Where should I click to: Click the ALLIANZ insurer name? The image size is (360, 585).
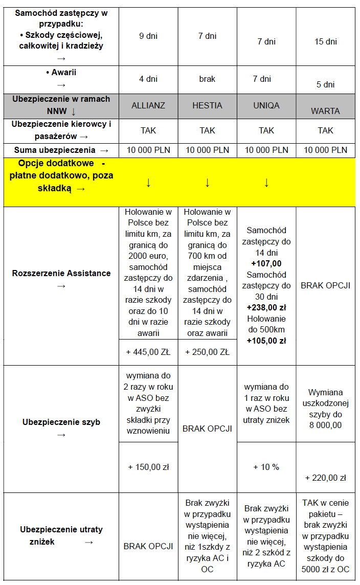tap(148, 105)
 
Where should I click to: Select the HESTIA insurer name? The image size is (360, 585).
tap(207, 105)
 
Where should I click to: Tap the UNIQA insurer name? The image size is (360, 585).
tap(266, 105)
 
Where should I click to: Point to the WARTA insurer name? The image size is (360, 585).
tap(325, 110)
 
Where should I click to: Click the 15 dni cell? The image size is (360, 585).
tap(325, 41)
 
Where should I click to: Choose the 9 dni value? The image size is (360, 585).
tap(148, 36)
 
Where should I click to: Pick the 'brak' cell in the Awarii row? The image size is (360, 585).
tap(207, 79)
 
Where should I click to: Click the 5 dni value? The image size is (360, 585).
tap(325, 84)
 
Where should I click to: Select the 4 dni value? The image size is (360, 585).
tap(148, 79)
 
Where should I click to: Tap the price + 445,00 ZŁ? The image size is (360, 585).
tap(148, 352)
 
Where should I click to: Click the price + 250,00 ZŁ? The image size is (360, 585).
tap(207, 352)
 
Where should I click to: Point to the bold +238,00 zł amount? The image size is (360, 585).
tap(266, 308)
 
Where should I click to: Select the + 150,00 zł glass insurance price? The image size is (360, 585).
tap(148, 466)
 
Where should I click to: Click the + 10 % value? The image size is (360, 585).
tap(266, 466)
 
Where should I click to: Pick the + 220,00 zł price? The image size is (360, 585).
tap(325, 478)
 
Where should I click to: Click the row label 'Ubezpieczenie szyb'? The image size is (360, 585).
tap(61, 422)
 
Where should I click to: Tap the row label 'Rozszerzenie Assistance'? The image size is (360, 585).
tap(61, 273)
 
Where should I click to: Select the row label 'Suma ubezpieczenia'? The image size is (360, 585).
tap(55, 150)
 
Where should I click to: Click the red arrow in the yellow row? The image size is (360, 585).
tap(266, 183)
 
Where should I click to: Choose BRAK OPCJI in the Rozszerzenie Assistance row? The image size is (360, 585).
tap(325, 285)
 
